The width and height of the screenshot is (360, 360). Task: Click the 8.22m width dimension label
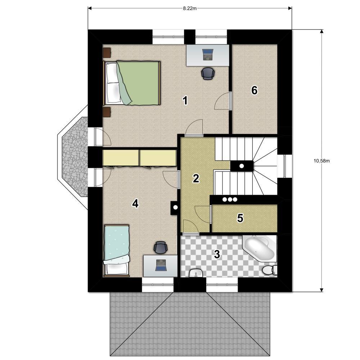tap(190, 9)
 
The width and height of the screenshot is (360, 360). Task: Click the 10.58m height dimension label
tap(321, 161)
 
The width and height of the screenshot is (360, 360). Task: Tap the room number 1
tap(185, 100)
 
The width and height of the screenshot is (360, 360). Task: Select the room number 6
tap(255, 90)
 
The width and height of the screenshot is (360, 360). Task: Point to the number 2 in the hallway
tap(196, 179)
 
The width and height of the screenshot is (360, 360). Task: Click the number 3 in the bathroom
tap(217, 254)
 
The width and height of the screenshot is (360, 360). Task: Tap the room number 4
tap(135, 203)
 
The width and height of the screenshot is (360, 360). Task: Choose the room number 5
tap(240, 218)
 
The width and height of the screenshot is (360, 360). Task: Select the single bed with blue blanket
tap(117, 251)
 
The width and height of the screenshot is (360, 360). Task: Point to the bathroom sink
tap(196, 273)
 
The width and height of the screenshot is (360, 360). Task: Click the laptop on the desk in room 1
tap(208, 55)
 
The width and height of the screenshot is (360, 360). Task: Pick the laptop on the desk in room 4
tap(161, 265)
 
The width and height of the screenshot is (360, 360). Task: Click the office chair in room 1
tap(208, 73)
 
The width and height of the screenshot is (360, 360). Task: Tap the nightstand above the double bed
tap(107, 53)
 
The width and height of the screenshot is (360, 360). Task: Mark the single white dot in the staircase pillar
tap(242, 166)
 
